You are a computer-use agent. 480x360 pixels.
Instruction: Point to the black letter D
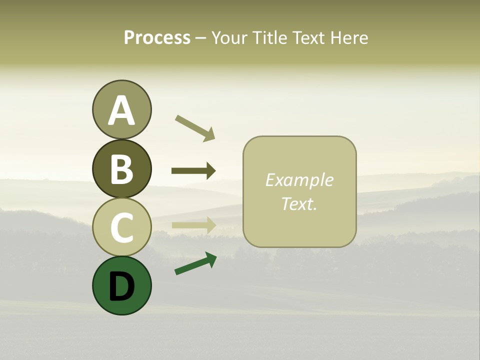click(121, 286)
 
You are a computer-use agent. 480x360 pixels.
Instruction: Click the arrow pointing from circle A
click(194, 127)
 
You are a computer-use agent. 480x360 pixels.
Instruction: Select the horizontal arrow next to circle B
click(193, 171)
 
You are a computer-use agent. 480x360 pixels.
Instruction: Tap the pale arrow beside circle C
click(193, 225)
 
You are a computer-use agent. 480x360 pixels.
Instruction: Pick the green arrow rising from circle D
click(195, 263)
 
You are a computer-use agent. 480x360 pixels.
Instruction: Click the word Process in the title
click(157, 38)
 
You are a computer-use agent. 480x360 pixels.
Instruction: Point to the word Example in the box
click(299, 180)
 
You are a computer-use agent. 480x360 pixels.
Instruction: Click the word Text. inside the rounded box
click(299, 204)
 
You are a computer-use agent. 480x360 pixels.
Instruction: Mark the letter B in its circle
click(121, 169)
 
